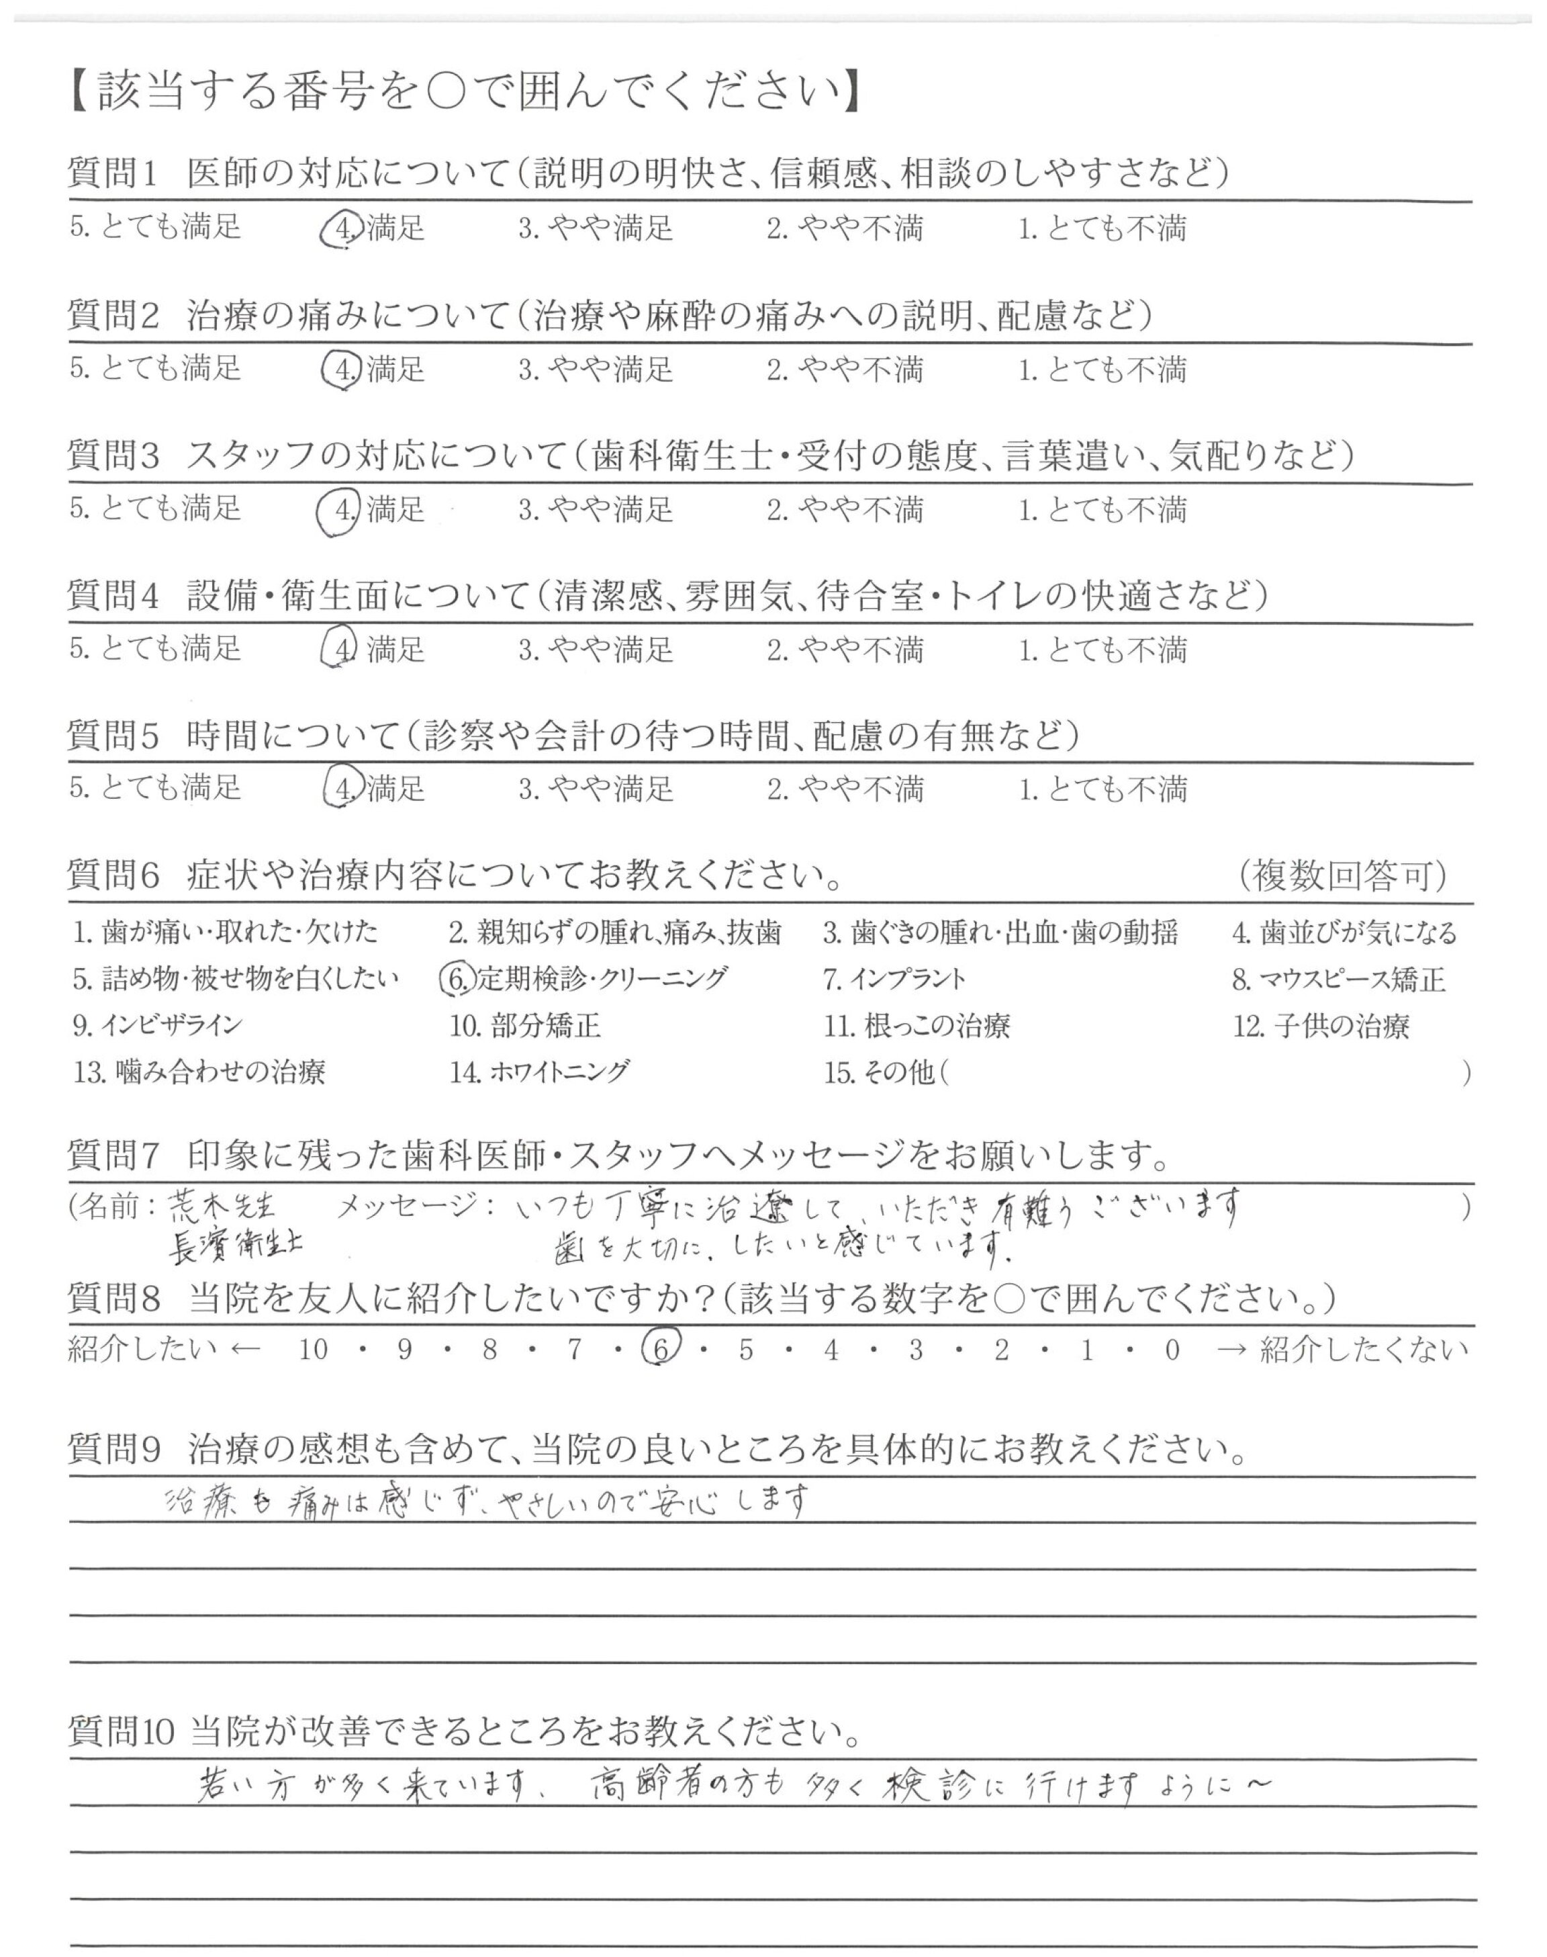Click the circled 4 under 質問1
click(x=342, y=228)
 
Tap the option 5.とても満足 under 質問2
click(x=155, y=368)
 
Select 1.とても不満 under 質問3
click(x=1101, y=509)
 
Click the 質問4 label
click(x=113, y=595)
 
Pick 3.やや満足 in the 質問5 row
click(x=595, y=789)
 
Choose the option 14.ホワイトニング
click(x=539, y=1073)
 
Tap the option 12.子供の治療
click(x=1321, y=1026)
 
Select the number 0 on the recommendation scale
click(x=1172, y=1350)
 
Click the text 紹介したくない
click(x=1363, y=1350)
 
